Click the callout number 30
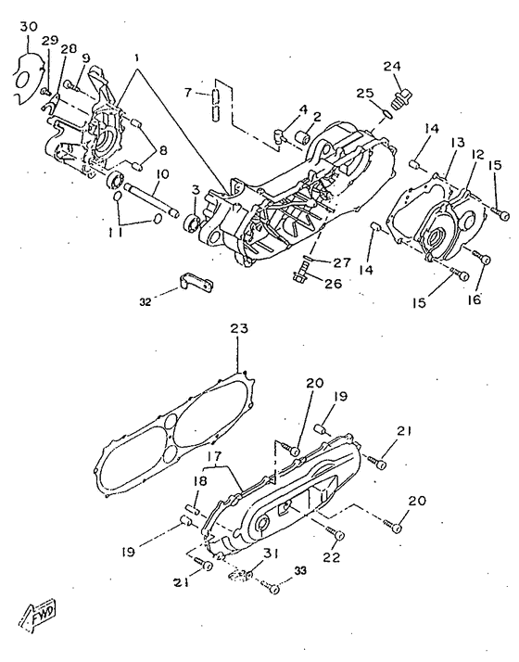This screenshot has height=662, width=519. [29, 27]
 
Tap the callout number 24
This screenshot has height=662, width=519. [392, 66]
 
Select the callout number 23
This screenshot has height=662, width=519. [239, 328]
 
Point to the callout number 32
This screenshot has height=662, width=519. [146, 302]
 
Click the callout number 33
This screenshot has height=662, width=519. [300, 571]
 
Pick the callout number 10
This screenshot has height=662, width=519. [162, 174]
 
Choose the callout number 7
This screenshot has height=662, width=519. [188, 93]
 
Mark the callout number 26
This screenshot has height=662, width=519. [333, 284]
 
